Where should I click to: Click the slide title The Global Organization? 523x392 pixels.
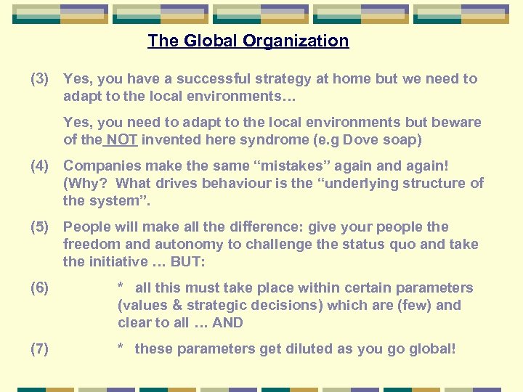[x=248, y=41]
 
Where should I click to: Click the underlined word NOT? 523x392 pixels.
[x=123, y=139]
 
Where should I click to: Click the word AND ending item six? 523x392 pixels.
[x=227, y=322]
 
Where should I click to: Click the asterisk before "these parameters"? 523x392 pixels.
[x=121, y=348]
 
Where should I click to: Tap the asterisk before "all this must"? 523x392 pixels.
[x=121, y=287]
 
